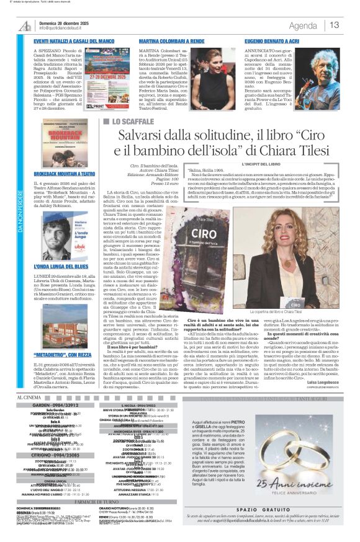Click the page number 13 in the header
point(335,25)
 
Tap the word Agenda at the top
point(303,25)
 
